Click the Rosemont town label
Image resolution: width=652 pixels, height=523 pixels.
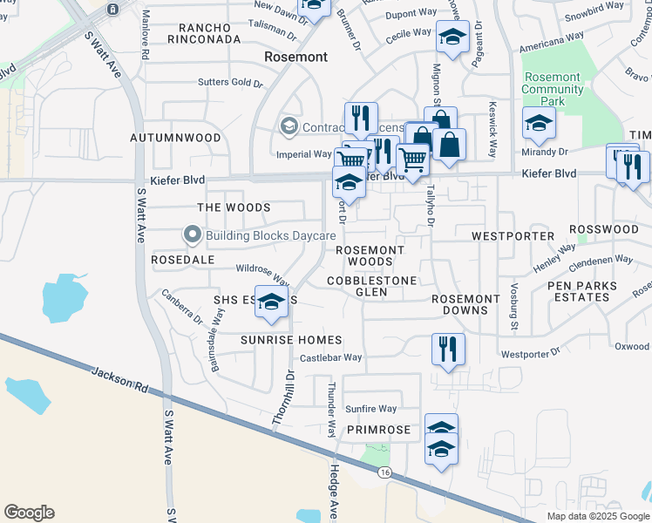click(x=296, y=57)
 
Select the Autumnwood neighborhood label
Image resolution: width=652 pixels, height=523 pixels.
click(x=175, y=138)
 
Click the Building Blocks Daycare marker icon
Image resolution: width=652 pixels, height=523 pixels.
click(x=193, y=235)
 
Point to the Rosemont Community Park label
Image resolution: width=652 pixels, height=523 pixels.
click(x=551, y=89)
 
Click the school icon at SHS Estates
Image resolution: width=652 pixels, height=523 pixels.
click(x=271, y=302)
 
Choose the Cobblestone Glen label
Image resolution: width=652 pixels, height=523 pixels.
click(x=371, y=287)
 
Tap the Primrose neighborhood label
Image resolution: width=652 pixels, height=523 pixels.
click(x=377, y=431)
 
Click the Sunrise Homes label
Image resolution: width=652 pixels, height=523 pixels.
click(x=291, y=339)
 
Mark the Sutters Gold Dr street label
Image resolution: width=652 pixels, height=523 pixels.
click(x=230, y=82)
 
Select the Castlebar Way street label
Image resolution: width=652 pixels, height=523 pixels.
click(x=330, y=357)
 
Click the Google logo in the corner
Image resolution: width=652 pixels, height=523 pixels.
click(x=29, y=512)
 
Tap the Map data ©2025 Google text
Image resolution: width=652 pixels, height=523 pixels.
click(x=598, y=516)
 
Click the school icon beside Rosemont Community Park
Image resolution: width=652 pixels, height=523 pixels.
click(x=538, y=124)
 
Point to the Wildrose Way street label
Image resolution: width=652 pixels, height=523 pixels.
click(x=262, y=275)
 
